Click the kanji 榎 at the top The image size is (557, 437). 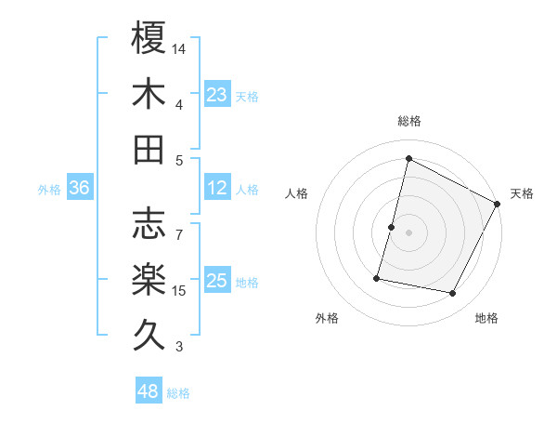tap(149, 38)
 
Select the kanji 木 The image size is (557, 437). tap(149, 95)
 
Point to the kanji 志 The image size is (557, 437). tap(149, 223)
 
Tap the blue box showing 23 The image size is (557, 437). tap(217, 95)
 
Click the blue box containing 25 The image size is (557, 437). tap(217, 281)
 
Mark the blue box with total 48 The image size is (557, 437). tap(149, 391)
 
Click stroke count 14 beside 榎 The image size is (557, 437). tap(180, 48)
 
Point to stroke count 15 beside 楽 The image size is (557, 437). tap(180, 291)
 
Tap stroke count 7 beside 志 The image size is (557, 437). tap(179, 226)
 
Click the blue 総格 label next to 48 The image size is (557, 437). tap(179, 393)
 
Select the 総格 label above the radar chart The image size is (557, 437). tap(408, 121)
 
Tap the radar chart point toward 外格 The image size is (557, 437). tap(377, 278)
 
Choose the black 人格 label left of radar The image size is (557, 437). tap(297, 193)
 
